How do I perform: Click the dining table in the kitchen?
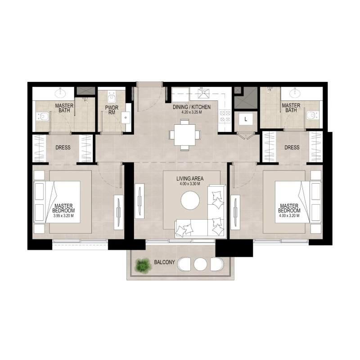(184, 135)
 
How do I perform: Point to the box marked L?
(245, 119)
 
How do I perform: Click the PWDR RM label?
(111, 111)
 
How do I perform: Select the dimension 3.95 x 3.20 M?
(63, 216)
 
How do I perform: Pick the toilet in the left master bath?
(44, 117)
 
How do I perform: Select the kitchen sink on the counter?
(205, 94)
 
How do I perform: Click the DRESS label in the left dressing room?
(63, 148)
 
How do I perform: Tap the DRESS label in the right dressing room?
(292, 148)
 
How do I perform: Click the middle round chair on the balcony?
(199, 264)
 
